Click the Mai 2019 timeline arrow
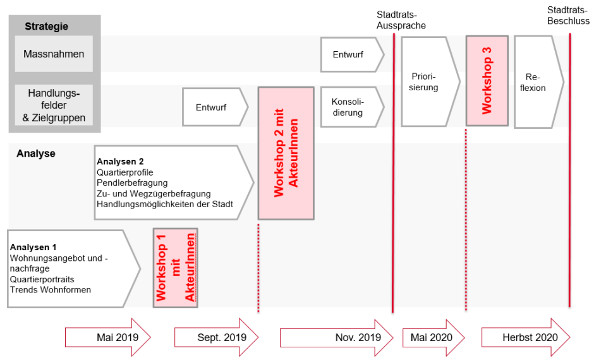(x=108, y=337)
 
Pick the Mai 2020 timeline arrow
(x=432, y=337)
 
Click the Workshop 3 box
(x=487, y=81)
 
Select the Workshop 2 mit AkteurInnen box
(x=286, y=153)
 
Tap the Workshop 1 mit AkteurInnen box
(x=175, y=268)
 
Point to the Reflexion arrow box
(x=536, y=81)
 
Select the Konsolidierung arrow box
(x=350, y=107)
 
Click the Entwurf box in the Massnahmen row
(x=350, y=55)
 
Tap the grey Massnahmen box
(x=54, y=54)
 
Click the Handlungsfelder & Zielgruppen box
(x=54, y=105)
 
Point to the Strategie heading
(x=46, y=27)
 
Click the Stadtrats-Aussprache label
(x=401, y=20)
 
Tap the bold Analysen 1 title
(x=33, y=247)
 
